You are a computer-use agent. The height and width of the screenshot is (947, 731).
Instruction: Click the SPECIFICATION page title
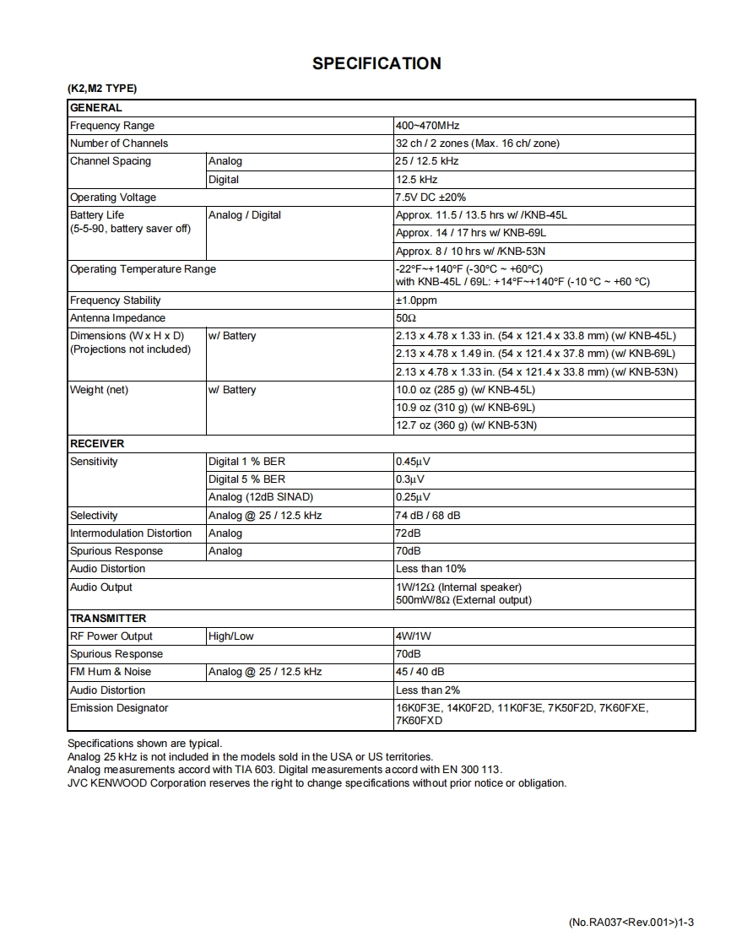pyautogui.click(x=376, y=63)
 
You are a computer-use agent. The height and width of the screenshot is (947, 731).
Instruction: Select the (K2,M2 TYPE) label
pyautogui.click(x=101, y=89)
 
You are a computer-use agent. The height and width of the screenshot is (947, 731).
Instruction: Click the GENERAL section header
pyautogui.click(x=95, y=108)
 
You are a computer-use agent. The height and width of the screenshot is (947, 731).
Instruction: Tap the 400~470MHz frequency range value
pyautogui.click(x=427, y=126)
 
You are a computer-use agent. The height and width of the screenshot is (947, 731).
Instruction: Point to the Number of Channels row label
pyautogui.click(x=119, y=143)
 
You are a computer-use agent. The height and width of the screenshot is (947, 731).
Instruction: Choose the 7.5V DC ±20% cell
pyautogui.click(x=430, y=198)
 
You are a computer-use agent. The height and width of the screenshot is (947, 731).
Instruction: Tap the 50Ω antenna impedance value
pyautogui.click(x=406, y=318)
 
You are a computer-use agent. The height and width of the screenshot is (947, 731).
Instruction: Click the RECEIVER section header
pyautogui.click(x=96, y=444)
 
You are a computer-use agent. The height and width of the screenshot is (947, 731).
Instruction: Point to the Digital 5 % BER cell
pyautogui.click(x=246, y=479)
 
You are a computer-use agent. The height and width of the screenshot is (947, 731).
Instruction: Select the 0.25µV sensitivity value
pyautogui.click(x=413, y=497)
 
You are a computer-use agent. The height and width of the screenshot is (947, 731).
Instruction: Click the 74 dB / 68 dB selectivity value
pyautogui.click(x=428, y=516)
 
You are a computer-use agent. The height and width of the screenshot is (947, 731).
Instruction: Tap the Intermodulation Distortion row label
pyautogui.click(x=131, y=533)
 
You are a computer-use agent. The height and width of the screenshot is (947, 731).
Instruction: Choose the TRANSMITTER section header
pyautogui.click(x=108, y=619)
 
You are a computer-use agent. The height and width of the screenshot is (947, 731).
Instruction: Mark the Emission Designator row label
pyautogui.click(x=119, y=708)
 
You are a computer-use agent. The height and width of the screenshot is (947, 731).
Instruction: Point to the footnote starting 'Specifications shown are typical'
pyautogui.click(x=144, y=744)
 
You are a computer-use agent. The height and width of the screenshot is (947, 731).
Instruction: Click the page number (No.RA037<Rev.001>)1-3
pyautogui.click(x=631, y=923)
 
